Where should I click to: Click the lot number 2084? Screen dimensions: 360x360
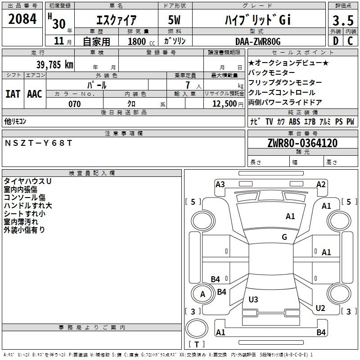[x=22, y=19]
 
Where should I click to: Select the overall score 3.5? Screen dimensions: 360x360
[x=343, y=20]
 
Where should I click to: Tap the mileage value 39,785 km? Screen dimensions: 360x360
[x=54, y=65]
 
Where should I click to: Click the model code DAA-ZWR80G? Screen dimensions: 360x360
[x=258, y=41]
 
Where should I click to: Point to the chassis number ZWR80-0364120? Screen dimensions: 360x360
[x=302, y=143]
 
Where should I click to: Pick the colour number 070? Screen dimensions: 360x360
[x=75, y=104]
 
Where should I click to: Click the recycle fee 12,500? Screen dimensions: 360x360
[x=225, y=104]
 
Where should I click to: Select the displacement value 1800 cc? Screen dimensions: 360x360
[x=141, y=41]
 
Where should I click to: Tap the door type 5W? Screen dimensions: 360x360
[x=174, y=20]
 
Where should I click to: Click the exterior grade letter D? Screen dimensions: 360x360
[x=336, y=41]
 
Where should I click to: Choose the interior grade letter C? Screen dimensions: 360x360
[x=350, y=41]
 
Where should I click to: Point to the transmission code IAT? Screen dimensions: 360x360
[x=13, y=94]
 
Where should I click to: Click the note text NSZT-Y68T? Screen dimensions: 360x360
[x=38, y=143]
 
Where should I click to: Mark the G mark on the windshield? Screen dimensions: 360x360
[x=284, y=237]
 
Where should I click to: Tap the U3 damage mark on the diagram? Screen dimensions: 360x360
[x=253, y=299]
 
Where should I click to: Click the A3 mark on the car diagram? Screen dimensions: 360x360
[x=220, y=184]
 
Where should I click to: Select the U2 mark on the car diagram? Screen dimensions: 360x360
[x=320, y=308]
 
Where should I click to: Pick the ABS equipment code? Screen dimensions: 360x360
[x=294, y=121]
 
